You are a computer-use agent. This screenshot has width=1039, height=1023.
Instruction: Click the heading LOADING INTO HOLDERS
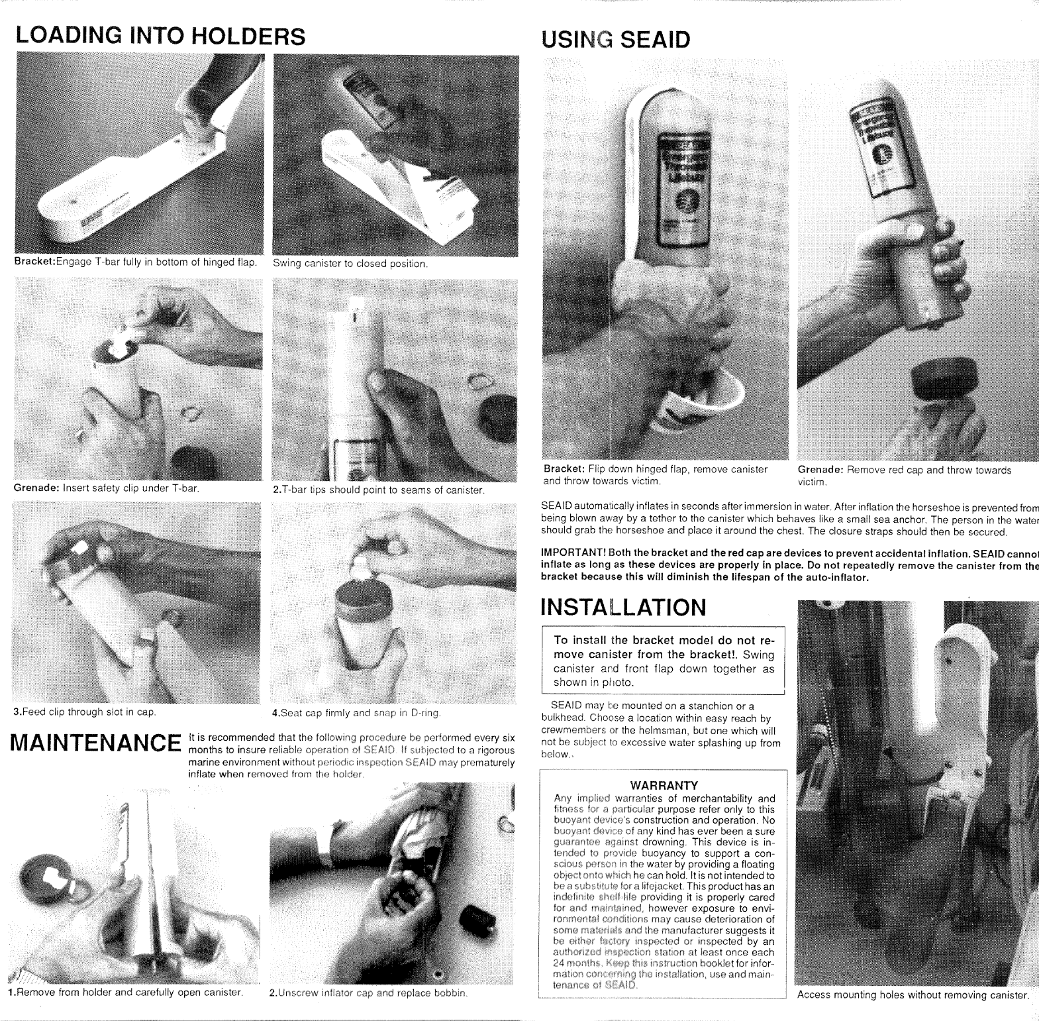[x=160, y=36]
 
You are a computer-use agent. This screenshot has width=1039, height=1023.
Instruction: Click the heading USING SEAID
[x=615, y=40]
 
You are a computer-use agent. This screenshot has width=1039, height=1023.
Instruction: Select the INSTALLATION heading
[x=623, y=608]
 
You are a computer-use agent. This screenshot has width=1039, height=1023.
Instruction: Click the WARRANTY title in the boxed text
[x=664, y=786]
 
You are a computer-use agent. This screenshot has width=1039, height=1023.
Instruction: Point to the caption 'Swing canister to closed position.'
[x=350, y=264]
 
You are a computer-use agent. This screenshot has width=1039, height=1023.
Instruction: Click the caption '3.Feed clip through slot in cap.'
[x=85, y=712]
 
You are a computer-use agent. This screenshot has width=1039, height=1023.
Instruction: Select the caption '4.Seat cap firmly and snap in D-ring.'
[x=356, y=714]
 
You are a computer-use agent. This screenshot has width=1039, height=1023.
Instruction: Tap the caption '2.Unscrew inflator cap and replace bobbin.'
[x=369, y=993]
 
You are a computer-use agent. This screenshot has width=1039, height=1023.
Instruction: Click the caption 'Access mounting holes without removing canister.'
[x=913, y=995]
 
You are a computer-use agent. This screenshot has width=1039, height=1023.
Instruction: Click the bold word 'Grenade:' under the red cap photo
[x=820, y=470]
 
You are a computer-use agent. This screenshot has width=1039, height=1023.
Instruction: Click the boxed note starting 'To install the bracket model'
[x=664, y=661]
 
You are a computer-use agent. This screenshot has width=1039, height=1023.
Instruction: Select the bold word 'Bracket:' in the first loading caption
[x=34, y=262]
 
